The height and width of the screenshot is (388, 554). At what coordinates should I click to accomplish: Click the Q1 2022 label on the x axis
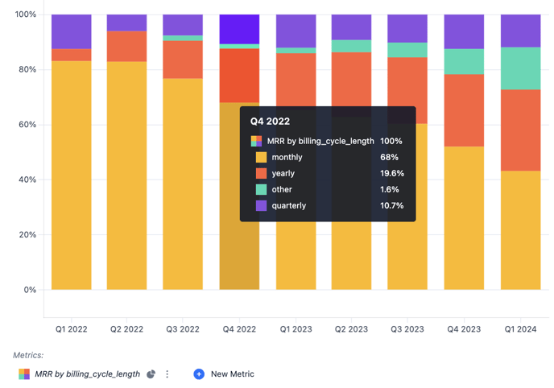tap(71, 329)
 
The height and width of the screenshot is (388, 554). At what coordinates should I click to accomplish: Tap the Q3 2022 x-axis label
tap(183, 329)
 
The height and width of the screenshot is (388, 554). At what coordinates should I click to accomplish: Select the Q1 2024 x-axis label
tap(520, 329)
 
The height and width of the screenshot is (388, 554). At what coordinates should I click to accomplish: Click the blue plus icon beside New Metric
tap(199, 374)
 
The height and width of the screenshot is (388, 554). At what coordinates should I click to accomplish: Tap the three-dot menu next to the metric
tap(167, 374)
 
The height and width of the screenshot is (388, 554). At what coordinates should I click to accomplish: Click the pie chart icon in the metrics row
tap(151, 374)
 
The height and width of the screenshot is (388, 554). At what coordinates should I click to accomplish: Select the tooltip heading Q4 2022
tap(270, 122)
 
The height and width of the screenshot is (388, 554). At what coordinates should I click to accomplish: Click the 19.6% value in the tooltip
tap(391, 173)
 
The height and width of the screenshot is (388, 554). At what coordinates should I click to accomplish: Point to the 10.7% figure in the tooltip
tap(391, 205)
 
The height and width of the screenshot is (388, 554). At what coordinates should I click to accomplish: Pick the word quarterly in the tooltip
tap(288, 205)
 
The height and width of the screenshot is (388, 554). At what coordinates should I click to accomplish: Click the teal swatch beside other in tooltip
tap(261, 189)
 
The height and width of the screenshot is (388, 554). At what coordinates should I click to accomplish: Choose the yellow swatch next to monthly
tap(261, 157)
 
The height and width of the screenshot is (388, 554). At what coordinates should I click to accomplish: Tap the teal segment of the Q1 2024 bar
tap(520, 68)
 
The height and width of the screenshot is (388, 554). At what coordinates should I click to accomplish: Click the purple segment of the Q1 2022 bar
tap(71, 31)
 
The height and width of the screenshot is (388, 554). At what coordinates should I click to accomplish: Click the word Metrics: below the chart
tap(28, 355)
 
